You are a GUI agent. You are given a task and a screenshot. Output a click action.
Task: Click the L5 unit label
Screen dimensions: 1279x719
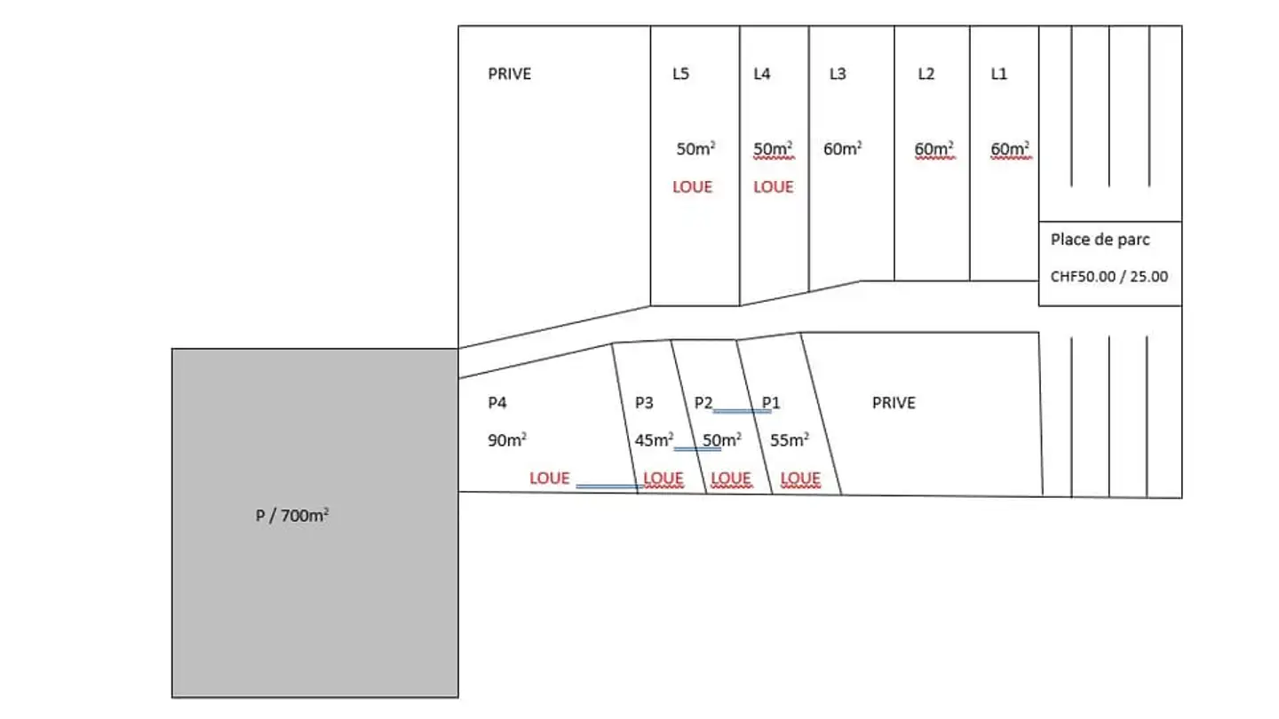(x=680, y=74)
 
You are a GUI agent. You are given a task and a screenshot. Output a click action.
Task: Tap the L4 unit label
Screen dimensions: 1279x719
(x=762, y=74)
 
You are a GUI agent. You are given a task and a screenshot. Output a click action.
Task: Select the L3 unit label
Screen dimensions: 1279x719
(x=838, y=74)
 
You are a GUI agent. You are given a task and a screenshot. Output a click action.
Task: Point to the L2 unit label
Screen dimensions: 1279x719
(x=926, y=74)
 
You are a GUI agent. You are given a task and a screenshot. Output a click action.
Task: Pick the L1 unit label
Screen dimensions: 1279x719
(x=999, y=74)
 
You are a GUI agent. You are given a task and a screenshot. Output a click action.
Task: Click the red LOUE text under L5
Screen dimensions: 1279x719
(x=693, y=187)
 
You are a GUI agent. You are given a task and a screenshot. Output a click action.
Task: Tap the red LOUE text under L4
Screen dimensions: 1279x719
(x=774, y=187)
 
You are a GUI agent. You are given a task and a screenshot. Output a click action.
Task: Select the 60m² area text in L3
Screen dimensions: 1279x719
(x=843, y=148)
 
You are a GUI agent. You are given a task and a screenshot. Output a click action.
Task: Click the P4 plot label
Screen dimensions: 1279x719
(x=497, y=403)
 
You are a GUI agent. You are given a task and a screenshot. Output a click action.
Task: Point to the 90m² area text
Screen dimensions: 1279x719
(x=507, y=440)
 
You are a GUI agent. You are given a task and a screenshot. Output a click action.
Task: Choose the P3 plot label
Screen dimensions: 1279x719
(x=644, y=403)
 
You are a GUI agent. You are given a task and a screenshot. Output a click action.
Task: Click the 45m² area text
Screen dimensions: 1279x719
(x=654, y=440)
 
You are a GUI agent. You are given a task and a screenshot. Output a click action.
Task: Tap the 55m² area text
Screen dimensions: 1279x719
(x=790, y=440)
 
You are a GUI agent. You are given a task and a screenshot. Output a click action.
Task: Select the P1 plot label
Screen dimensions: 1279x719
(x=771, y=403)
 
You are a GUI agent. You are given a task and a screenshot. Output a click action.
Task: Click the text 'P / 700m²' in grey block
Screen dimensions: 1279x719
(x=291, y=515)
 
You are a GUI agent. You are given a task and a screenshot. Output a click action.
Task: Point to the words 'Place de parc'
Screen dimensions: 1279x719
(x=1100, y=240)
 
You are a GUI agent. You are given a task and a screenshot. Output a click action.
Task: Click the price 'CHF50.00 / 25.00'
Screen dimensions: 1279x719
(x=1109, y=277)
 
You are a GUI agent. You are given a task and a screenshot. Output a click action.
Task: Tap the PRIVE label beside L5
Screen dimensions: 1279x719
(x=509, y=74)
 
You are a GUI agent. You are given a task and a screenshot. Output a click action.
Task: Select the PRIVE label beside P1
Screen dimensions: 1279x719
(x=894, y=403)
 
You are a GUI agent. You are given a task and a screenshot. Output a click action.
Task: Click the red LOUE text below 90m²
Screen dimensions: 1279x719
(x=550, y=478)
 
